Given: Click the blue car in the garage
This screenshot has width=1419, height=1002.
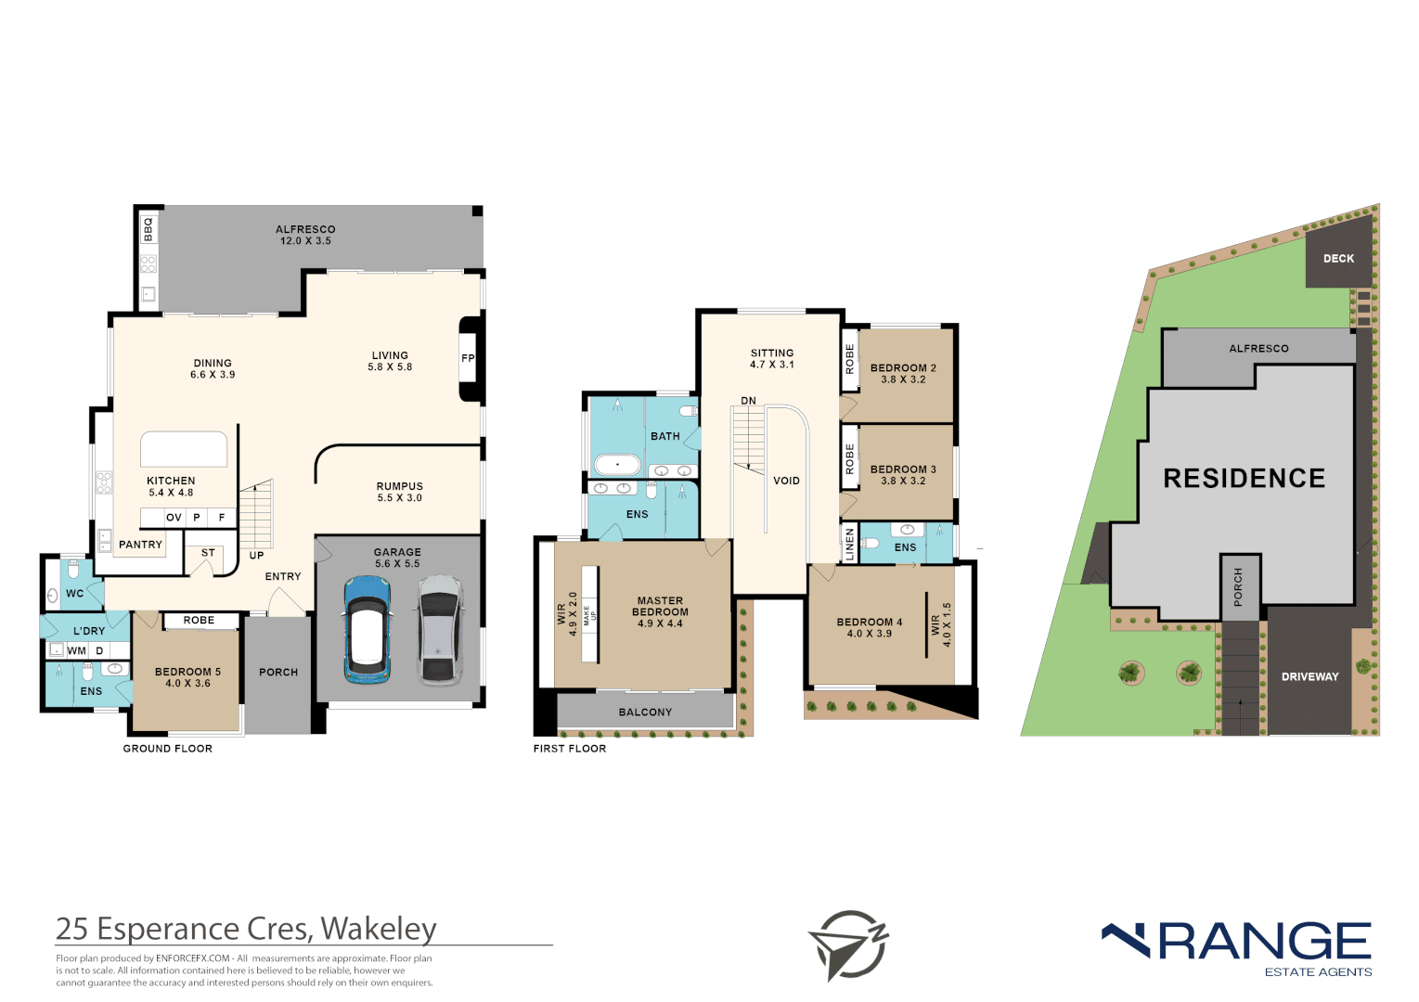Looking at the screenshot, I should point(367,629).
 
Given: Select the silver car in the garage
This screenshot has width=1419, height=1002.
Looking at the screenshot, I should point(440,629).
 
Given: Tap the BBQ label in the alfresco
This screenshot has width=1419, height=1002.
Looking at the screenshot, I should point(148,229).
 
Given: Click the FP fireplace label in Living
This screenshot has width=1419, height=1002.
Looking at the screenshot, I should point(468,358).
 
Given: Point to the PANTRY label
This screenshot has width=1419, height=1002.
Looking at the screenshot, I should point(140,545).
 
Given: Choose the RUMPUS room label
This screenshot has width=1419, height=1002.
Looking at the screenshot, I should point(400,486).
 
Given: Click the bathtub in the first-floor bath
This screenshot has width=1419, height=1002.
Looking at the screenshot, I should point(617,463).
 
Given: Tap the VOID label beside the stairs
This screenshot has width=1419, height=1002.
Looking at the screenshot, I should point(786,481).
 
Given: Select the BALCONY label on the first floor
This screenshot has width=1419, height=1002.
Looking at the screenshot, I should point(645,713).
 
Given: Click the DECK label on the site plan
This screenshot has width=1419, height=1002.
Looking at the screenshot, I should point(1338,259).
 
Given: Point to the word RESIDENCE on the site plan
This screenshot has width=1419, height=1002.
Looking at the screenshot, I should point(1245,479).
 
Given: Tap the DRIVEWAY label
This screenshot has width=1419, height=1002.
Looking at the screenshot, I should point(1309,676).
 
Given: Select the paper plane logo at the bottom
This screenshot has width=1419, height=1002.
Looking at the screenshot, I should point(847,945).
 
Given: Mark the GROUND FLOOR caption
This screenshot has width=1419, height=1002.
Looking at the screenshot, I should point(168,749).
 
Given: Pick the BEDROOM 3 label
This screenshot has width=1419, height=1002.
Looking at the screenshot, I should point(903,469).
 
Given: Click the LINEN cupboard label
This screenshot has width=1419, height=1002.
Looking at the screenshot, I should point(849,545).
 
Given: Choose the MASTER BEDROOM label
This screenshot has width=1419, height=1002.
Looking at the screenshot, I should point(660,607).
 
